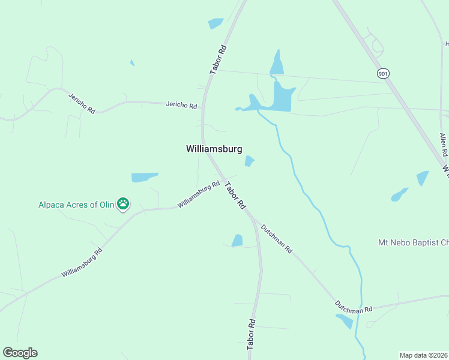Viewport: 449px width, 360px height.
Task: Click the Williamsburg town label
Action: [214, 149]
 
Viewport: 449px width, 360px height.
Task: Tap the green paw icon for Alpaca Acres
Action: [123, 204]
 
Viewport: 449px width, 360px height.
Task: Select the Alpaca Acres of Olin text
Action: [76, 204]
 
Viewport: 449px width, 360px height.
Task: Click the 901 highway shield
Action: [383, 73]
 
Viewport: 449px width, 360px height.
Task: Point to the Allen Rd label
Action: [444, 145]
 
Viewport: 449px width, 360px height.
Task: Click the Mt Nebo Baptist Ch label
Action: [413, 243]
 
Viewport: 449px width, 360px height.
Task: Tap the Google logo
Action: [20, 353]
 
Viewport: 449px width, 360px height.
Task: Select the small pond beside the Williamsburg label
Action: [249, 161]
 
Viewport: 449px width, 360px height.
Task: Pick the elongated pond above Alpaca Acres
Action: [144, 177]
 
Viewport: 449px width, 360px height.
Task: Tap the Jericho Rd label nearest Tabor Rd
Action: [181, 106]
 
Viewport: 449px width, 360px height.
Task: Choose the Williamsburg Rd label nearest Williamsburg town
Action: [199, 196]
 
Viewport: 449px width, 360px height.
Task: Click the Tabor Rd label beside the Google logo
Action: [251, 335]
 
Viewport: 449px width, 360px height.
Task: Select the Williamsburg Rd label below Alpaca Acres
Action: [82, 263]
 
